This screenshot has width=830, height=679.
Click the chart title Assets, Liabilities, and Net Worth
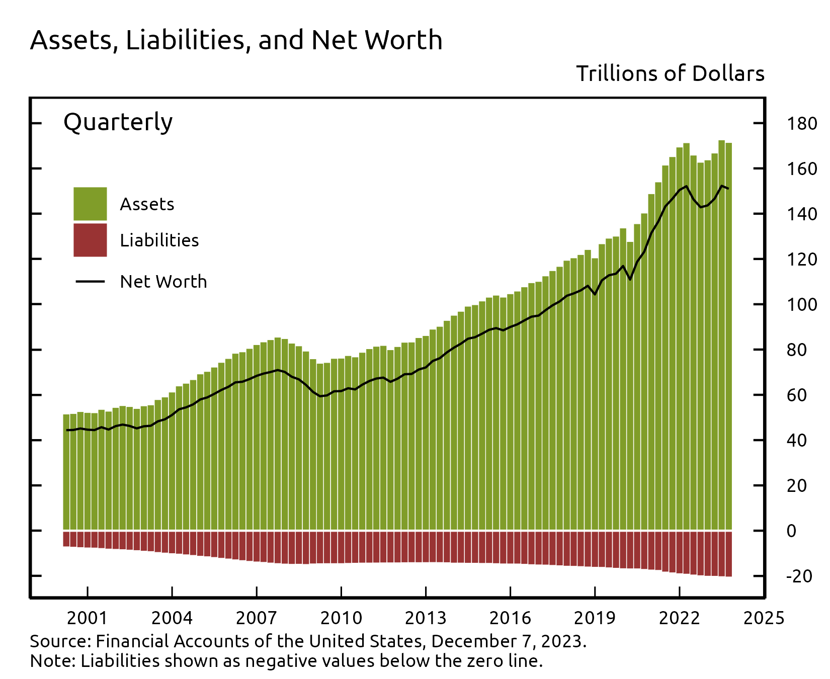[236, 40]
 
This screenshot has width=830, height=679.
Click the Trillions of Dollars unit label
[670, 74]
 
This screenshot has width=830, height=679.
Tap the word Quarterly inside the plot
[118, 122]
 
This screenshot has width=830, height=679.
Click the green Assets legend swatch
[90, 204]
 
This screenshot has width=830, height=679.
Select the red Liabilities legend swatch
[90, 240]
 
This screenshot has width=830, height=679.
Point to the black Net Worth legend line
[90, 281]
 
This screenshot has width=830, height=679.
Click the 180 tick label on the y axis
[801, 124]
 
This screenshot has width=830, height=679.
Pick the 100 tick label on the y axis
[801, 305]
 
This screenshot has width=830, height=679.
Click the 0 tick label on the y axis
[791, 531]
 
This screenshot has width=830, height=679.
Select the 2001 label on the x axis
[87, 618]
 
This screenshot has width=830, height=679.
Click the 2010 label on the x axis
[341, 618]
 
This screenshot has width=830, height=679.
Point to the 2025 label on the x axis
[764, 618]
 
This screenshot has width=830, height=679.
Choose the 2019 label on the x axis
[595, 618]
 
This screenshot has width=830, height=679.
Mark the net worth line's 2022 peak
[686, 187]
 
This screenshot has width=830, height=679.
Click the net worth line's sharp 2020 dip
[630, 279]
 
